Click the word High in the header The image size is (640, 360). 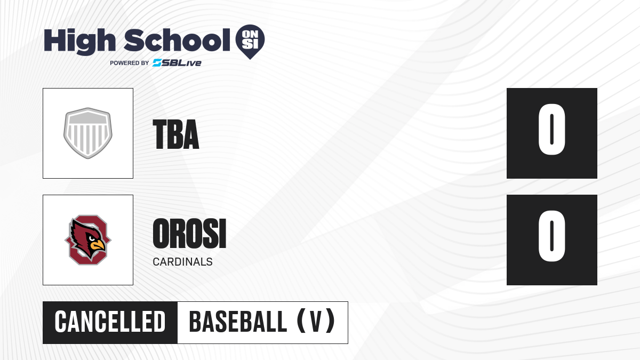click(79, 41)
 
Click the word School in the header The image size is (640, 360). click(177, 40)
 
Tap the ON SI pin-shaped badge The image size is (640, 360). click(250, 42)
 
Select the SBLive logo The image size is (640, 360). click(177, 63)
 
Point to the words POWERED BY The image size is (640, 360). click(130, 63)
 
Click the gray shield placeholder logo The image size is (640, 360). click(88, 133)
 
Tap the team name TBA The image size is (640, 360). click(175, 134)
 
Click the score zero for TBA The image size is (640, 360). click(551, 130)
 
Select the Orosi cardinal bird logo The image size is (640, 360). click(88, 240)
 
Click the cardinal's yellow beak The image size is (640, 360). click(98, 245)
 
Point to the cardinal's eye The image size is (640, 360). click(91, 238)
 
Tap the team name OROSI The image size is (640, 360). click(189, 234)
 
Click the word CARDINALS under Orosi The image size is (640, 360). click(182, 262)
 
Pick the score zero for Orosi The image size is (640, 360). click(551, 236)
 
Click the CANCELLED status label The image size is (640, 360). click(110, 322)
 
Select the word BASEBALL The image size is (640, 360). click(238, 322)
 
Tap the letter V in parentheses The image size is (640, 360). click(316, 322)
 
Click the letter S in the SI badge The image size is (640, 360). click(246, 45)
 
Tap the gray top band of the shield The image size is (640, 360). click(88, 118)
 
